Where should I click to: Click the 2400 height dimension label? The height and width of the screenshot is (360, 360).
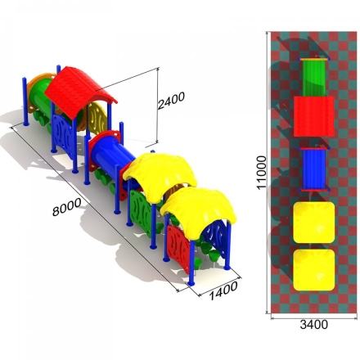coord(171,101)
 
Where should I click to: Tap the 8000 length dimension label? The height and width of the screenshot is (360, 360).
coord(66,207)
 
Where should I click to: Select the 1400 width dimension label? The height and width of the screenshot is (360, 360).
coord(223,290)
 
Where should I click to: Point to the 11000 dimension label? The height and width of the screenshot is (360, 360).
coord(261,173)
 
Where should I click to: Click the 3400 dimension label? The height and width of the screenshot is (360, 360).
coord(314,324)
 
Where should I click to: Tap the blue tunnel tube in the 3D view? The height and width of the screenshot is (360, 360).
coord(113,154)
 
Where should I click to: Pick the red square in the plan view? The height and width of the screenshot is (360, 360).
coord(314,116)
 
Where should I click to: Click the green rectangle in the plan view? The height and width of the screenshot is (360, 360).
coord(314,78)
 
